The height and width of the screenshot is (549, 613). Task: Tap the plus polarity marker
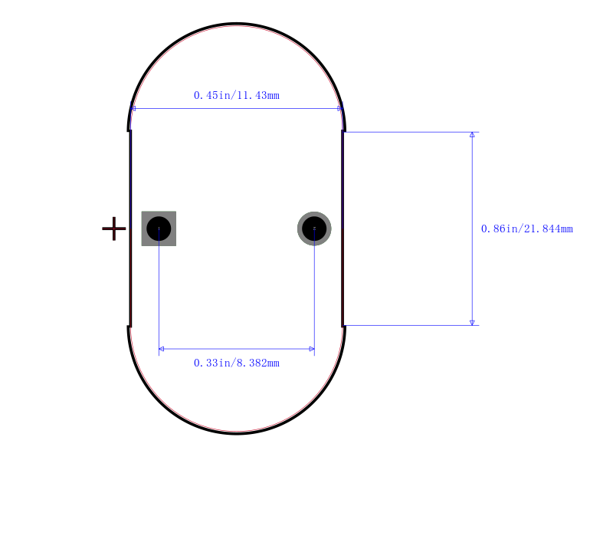pos(113,228)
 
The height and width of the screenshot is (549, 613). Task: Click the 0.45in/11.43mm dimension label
pos(236,96)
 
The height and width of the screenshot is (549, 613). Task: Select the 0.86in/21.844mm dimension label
pos(526,228)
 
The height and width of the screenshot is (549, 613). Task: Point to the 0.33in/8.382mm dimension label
pos(236,363)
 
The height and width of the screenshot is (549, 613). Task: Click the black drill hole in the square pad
pos(159,228)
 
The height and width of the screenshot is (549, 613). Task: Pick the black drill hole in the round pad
pos(314,228)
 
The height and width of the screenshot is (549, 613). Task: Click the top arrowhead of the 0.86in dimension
pos(472,135)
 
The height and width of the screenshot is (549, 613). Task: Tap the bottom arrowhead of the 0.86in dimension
pos(472,323)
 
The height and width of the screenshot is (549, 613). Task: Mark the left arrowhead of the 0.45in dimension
pos(133,109)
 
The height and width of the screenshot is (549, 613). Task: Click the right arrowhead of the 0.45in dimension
pos(339,109)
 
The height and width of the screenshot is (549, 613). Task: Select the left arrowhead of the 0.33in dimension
pos(162,349)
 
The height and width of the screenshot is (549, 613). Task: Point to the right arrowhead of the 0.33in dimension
pos(311,349)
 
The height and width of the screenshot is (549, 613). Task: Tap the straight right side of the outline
pos(343,276)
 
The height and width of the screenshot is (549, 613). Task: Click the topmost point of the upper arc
pos(237,25)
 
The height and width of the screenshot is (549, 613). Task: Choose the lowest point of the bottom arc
pos(237,433)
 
